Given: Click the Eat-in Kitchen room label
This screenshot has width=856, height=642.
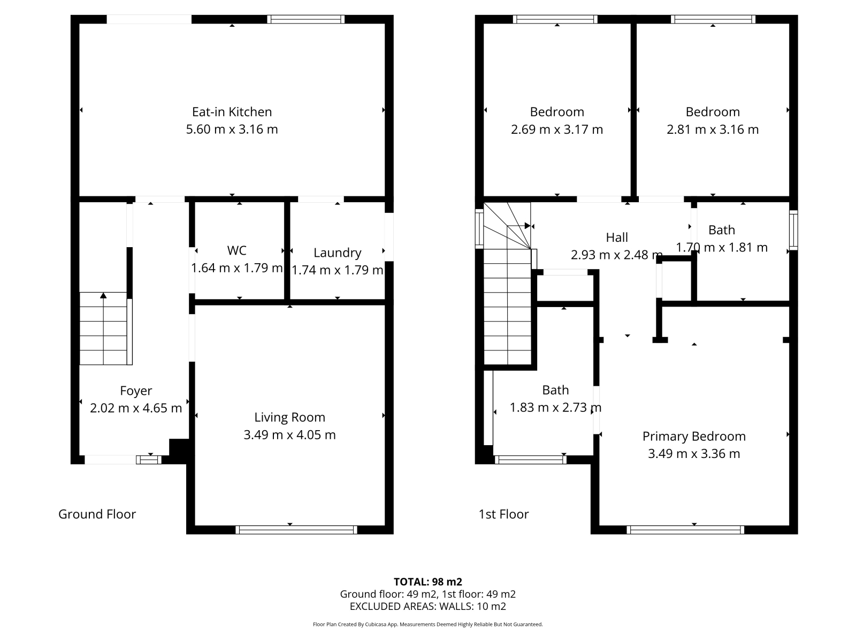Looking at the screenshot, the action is (232, 112).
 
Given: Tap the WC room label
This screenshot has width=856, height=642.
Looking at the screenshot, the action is (236, 250).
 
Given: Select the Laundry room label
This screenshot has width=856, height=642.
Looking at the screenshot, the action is (338, 253).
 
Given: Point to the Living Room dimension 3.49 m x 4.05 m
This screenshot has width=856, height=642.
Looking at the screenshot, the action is (289, 434).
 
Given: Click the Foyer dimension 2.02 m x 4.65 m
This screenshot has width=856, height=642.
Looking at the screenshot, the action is (136, 408).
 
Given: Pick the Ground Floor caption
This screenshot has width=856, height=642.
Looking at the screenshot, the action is (97, 514).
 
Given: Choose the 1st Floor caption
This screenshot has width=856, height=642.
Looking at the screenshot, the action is (503, 514).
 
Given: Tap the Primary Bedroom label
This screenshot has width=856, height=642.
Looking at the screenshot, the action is (694, 437).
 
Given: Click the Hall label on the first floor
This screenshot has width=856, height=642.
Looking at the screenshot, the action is (616, 238).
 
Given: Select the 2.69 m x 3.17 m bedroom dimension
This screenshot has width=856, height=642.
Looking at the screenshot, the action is (557, 129).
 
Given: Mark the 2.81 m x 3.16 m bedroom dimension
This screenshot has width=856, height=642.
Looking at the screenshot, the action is (713, 129).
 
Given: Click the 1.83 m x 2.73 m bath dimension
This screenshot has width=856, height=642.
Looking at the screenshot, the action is (555, 407).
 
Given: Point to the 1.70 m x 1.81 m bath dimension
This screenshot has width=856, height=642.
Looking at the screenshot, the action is (722, 248).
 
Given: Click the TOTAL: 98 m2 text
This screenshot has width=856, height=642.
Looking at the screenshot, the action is (428, 582).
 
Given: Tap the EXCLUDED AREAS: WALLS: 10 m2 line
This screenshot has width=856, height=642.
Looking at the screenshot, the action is (428, 607).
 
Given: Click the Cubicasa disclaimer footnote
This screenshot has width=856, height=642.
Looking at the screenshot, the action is (428, 624).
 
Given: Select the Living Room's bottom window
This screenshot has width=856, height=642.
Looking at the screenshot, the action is (296, 530).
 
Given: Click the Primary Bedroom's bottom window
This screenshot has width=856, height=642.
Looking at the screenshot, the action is (685, 530).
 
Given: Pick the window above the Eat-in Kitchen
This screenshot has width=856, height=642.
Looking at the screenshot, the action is (305, 19).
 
